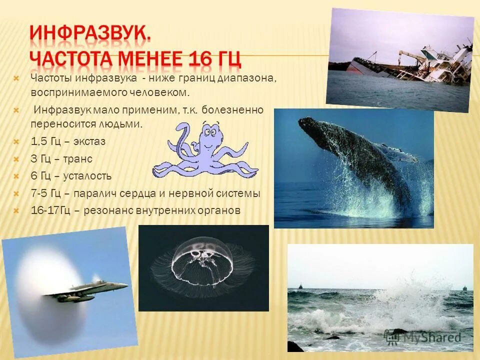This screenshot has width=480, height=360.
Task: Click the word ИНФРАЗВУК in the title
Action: pos(90,35)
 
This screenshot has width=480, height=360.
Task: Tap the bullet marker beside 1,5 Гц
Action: pos(16,142)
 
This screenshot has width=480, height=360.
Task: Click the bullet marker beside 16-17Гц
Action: pos(16,211)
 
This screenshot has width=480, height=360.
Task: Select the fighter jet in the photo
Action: pos(90,291)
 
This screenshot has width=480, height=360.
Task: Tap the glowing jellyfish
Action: pos(202,260)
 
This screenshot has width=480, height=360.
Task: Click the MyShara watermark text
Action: pos(430,337)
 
